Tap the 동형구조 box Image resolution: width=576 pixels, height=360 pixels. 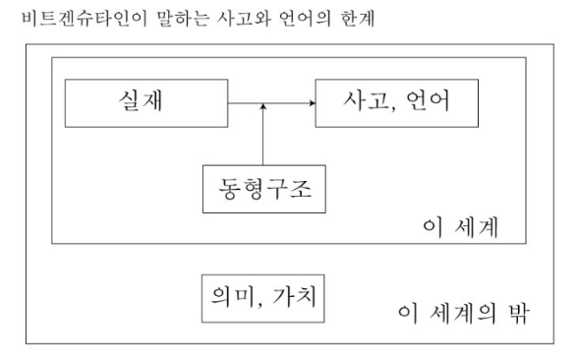pyautogui.click(x=263, y=189)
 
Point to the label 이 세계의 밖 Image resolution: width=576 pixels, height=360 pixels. pyautogui.click(x=464, y=313)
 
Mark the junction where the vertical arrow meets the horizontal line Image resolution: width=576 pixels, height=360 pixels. pyautogui.click(x=263, y=101)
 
